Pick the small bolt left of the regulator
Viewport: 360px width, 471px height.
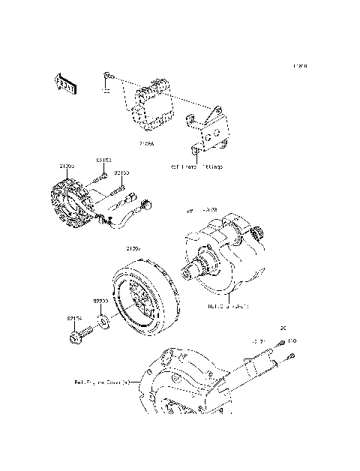pos(106,76)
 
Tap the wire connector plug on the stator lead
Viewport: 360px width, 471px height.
pos(145,202)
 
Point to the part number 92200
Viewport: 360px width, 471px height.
pos(100,301)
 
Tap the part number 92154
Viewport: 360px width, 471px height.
pos(73,318)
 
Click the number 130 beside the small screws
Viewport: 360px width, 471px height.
pos(292,341)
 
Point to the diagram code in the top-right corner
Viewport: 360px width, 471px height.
pos(300,66)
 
